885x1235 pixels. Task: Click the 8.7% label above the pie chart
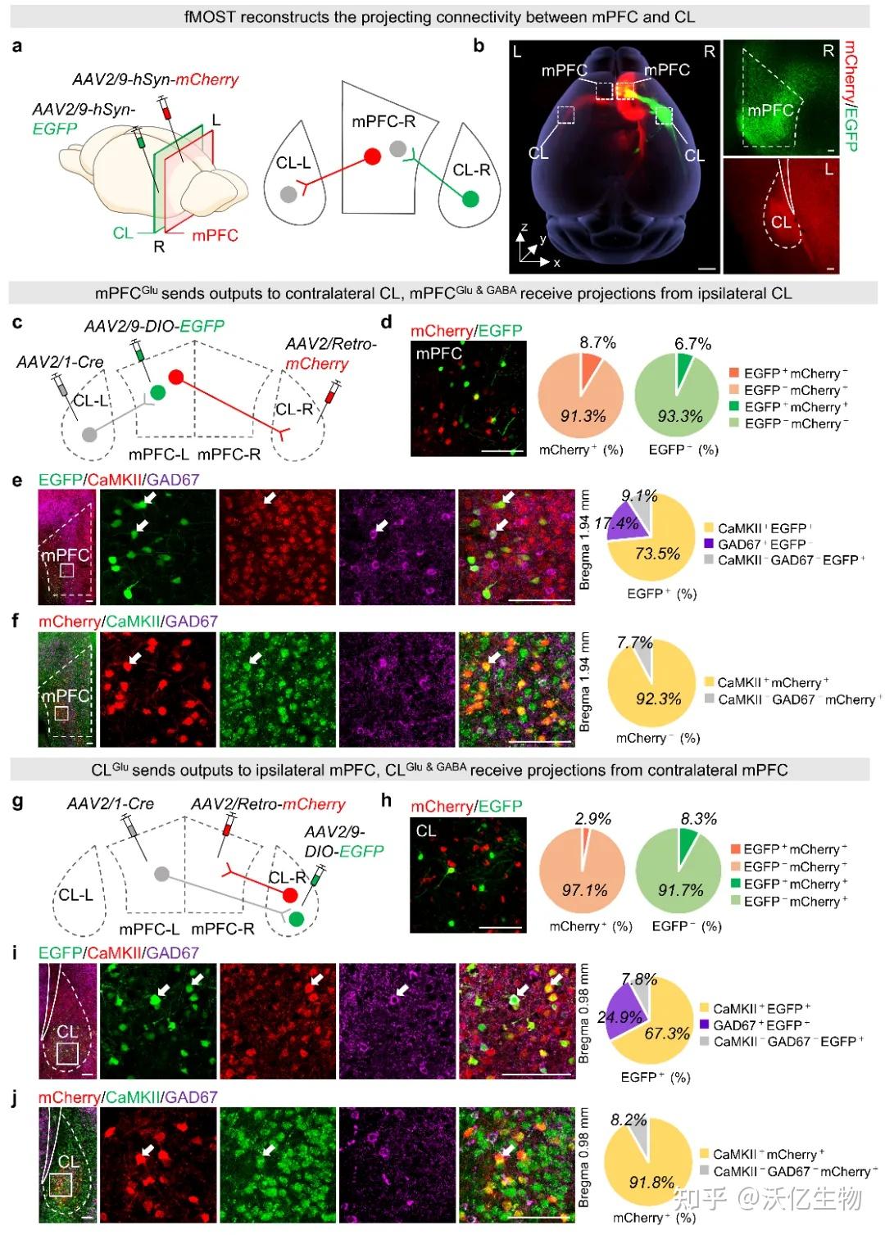[x=597, y=342]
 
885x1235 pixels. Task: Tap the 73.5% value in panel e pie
[x=657, y=553]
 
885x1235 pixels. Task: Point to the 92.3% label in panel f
[x=658, y=699]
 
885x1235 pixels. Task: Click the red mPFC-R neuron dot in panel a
[x=372, y=156]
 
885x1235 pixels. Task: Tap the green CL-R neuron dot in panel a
[x=470, y=198]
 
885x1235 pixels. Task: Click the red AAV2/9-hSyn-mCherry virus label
[x=155, y=79]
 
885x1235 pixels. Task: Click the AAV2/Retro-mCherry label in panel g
[x=268, y=804]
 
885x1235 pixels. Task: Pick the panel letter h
[x=386, y=800]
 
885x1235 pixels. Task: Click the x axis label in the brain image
[x=556, y=263]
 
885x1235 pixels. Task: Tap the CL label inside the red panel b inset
[x=780, y=222]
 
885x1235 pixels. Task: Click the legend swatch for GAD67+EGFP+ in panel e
[x=709, y=544]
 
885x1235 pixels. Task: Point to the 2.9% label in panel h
[x=592, y=818]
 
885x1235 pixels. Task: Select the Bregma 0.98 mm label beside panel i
[x=583, y=1013]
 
